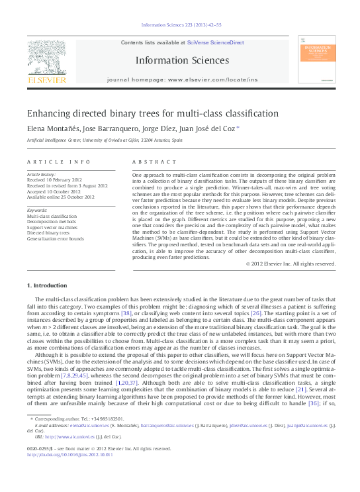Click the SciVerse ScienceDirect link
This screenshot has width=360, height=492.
click(216, 42)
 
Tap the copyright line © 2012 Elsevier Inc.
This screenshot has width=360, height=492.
click(291, 264)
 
